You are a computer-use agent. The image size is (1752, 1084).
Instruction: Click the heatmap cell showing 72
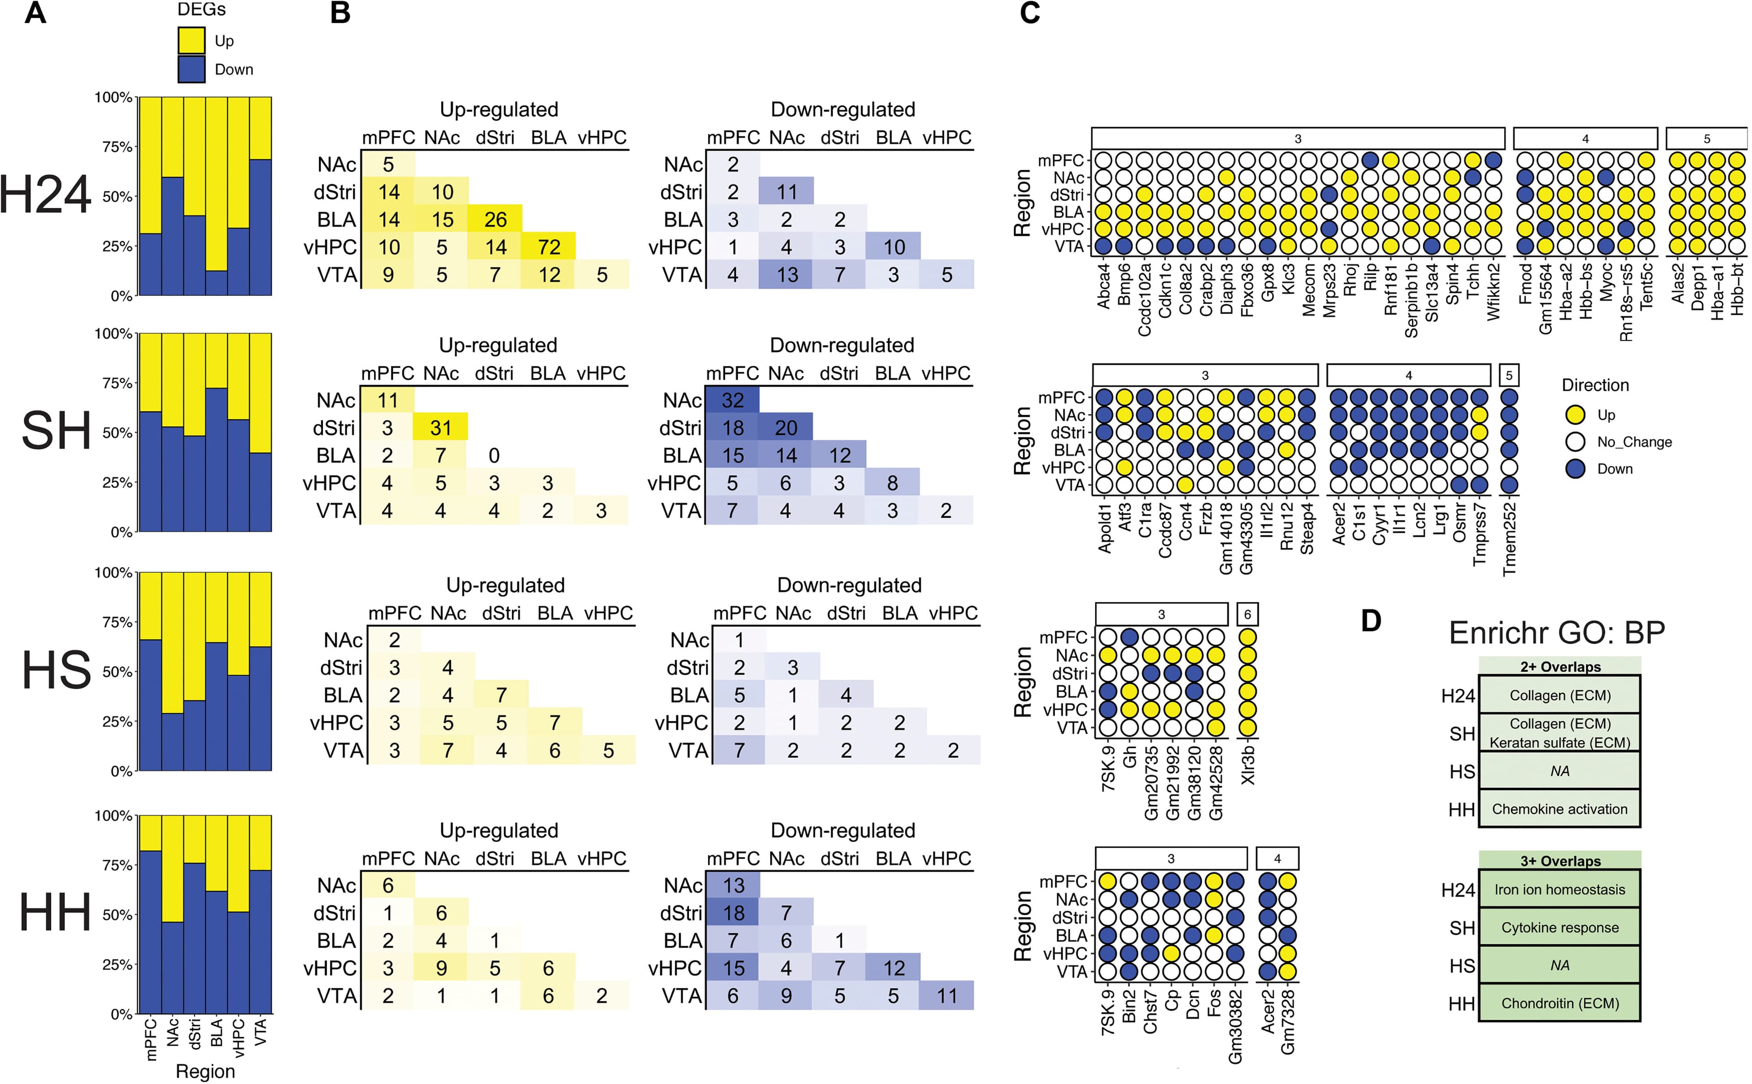point(549,247)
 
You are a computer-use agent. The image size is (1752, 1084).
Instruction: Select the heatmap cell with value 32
point(733,400)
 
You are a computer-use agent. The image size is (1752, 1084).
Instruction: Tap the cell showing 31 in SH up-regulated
point(441,428)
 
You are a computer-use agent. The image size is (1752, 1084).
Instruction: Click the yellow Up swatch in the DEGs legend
point(192,41)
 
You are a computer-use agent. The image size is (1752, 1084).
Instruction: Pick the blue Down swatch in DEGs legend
point(192,69)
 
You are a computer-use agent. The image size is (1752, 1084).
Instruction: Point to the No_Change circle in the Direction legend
point(1575,442)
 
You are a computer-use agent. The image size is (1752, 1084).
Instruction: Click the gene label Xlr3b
point(1247,765)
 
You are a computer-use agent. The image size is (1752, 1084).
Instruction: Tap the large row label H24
point(45,195)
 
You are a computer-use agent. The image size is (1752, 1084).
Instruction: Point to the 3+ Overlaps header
point(1560,861)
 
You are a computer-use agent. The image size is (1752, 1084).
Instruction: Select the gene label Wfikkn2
point(1493,292)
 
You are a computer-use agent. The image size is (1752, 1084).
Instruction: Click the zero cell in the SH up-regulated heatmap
point(494,456)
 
